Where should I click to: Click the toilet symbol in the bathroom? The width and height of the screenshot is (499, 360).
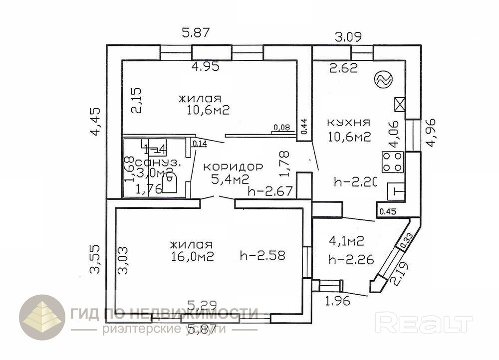(x=169, y=182)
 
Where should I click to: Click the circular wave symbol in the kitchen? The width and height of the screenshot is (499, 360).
(x=384, y=79)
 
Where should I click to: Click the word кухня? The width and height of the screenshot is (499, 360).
(x=348, y=122)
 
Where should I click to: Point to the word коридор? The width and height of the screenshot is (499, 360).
(x=233, y=167)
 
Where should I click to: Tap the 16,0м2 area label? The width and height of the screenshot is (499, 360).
(x=192, y=257)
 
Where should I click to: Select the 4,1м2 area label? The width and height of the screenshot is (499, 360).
(x=346, y=241)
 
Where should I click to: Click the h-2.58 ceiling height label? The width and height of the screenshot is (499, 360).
(x=262, y=256)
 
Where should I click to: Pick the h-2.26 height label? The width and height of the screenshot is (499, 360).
(x=352, y=259)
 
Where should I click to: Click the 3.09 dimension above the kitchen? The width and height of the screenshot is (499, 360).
(x=348, y=36)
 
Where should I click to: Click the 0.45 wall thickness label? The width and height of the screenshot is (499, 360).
(x=386, y=211)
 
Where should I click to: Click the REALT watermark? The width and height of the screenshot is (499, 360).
(x=424, y=324)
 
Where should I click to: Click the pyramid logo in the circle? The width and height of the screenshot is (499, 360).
(x=42, y=318)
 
